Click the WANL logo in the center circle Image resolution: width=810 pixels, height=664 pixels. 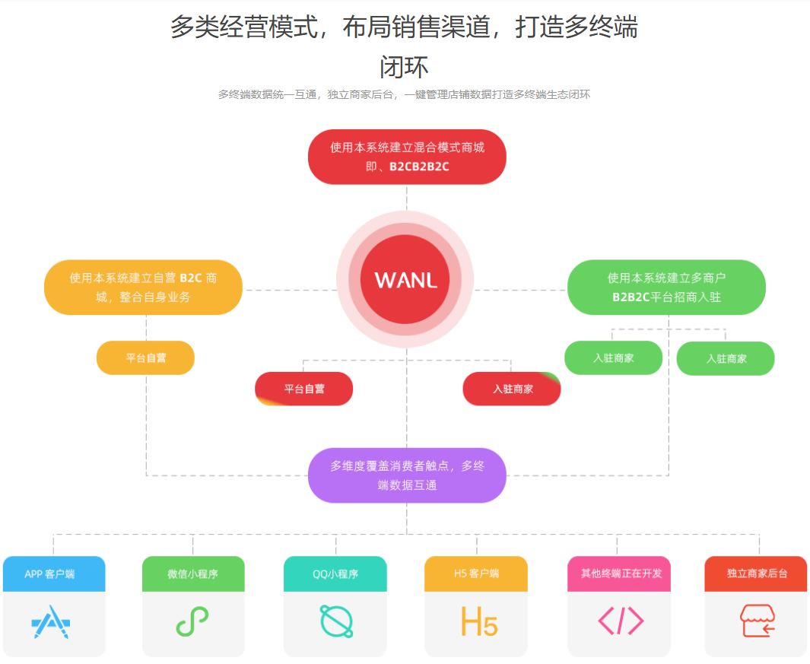pos(405,279)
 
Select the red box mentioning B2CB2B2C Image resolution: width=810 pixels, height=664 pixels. pos(407,157)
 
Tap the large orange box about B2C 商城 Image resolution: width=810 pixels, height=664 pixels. pos(143,288)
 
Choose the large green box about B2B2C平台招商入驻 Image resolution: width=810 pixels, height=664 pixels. pos(666,288)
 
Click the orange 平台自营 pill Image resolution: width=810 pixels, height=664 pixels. pos(145,357)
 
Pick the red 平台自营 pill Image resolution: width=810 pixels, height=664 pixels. pos(303,389)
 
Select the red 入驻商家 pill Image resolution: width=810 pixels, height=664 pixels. pos(512,389)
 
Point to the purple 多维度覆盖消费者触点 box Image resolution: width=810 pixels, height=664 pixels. pos(407,475)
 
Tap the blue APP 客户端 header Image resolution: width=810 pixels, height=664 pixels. pos(54,573)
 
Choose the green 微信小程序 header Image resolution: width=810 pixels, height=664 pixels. pos(193,573)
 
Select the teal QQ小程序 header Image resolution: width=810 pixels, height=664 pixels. pos(335,573)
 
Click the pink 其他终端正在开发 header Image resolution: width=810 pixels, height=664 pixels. pos(619,573)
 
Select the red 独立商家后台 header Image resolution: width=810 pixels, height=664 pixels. pos(756,573)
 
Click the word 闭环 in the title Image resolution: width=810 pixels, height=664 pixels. pos(404,67)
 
